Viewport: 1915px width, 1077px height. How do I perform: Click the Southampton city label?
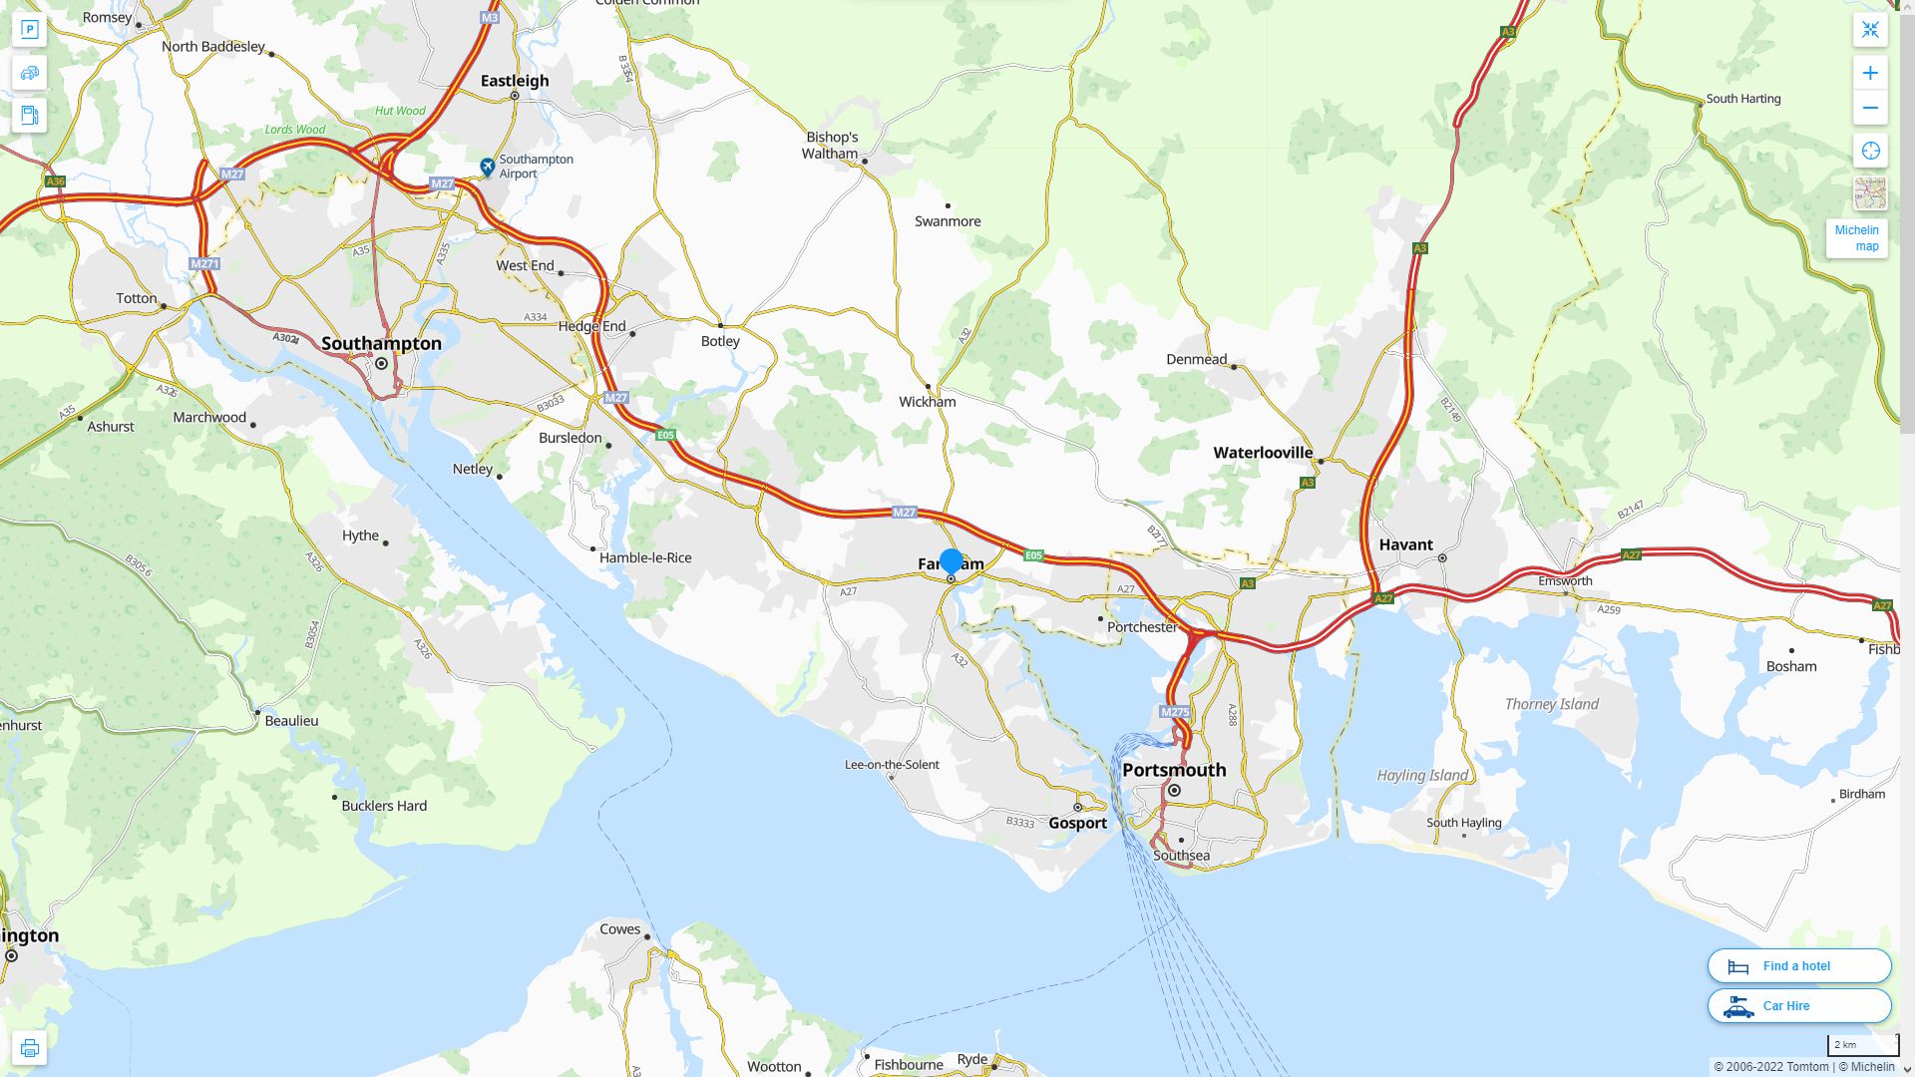pyautogui.click(x=381, y=343)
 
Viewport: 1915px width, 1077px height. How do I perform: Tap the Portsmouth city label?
pyautogui.click(x=1174, y=770)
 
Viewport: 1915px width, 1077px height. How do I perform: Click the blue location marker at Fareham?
pyautogui.click(x=952, y=561)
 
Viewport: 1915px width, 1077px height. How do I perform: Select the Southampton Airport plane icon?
pyautogui.click(x=487, y=167)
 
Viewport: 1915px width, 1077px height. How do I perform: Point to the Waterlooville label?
pyautogui.click(x=1263, y=453)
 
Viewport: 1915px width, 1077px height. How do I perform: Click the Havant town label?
pyautogui.click(x=1405, y=544)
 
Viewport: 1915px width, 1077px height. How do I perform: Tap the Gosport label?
pyautogui.click(x=1077, y=823)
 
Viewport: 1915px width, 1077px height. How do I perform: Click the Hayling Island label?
pyautogui.click(x=1422, y=775)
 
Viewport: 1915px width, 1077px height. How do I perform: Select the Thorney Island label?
pyautogui.click(x=1551, y=704)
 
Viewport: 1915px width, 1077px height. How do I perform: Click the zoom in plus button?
pyautogui.click(x=1870, y=73)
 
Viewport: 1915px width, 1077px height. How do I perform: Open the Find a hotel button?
pyautogui.click(x=1798, y=965)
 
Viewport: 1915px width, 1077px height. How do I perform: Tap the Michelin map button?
pyautogui.click(x=1856, y=238)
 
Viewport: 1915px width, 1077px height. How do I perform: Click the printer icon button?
pyautogui.click(x=29, y=1048)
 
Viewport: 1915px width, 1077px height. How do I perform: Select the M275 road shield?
pyautogui.click(x=1175, y=712)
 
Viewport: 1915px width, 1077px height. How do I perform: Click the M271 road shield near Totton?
pyautogui.click(x=203, y=264)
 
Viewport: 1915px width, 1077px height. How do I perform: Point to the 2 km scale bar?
pyautogui.click(x=1862, y=1045)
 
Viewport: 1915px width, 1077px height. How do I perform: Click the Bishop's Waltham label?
pyautogui.click(x=831, y=146)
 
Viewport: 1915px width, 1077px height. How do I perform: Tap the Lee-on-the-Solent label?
pyautogui.click(x=892, y=765)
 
